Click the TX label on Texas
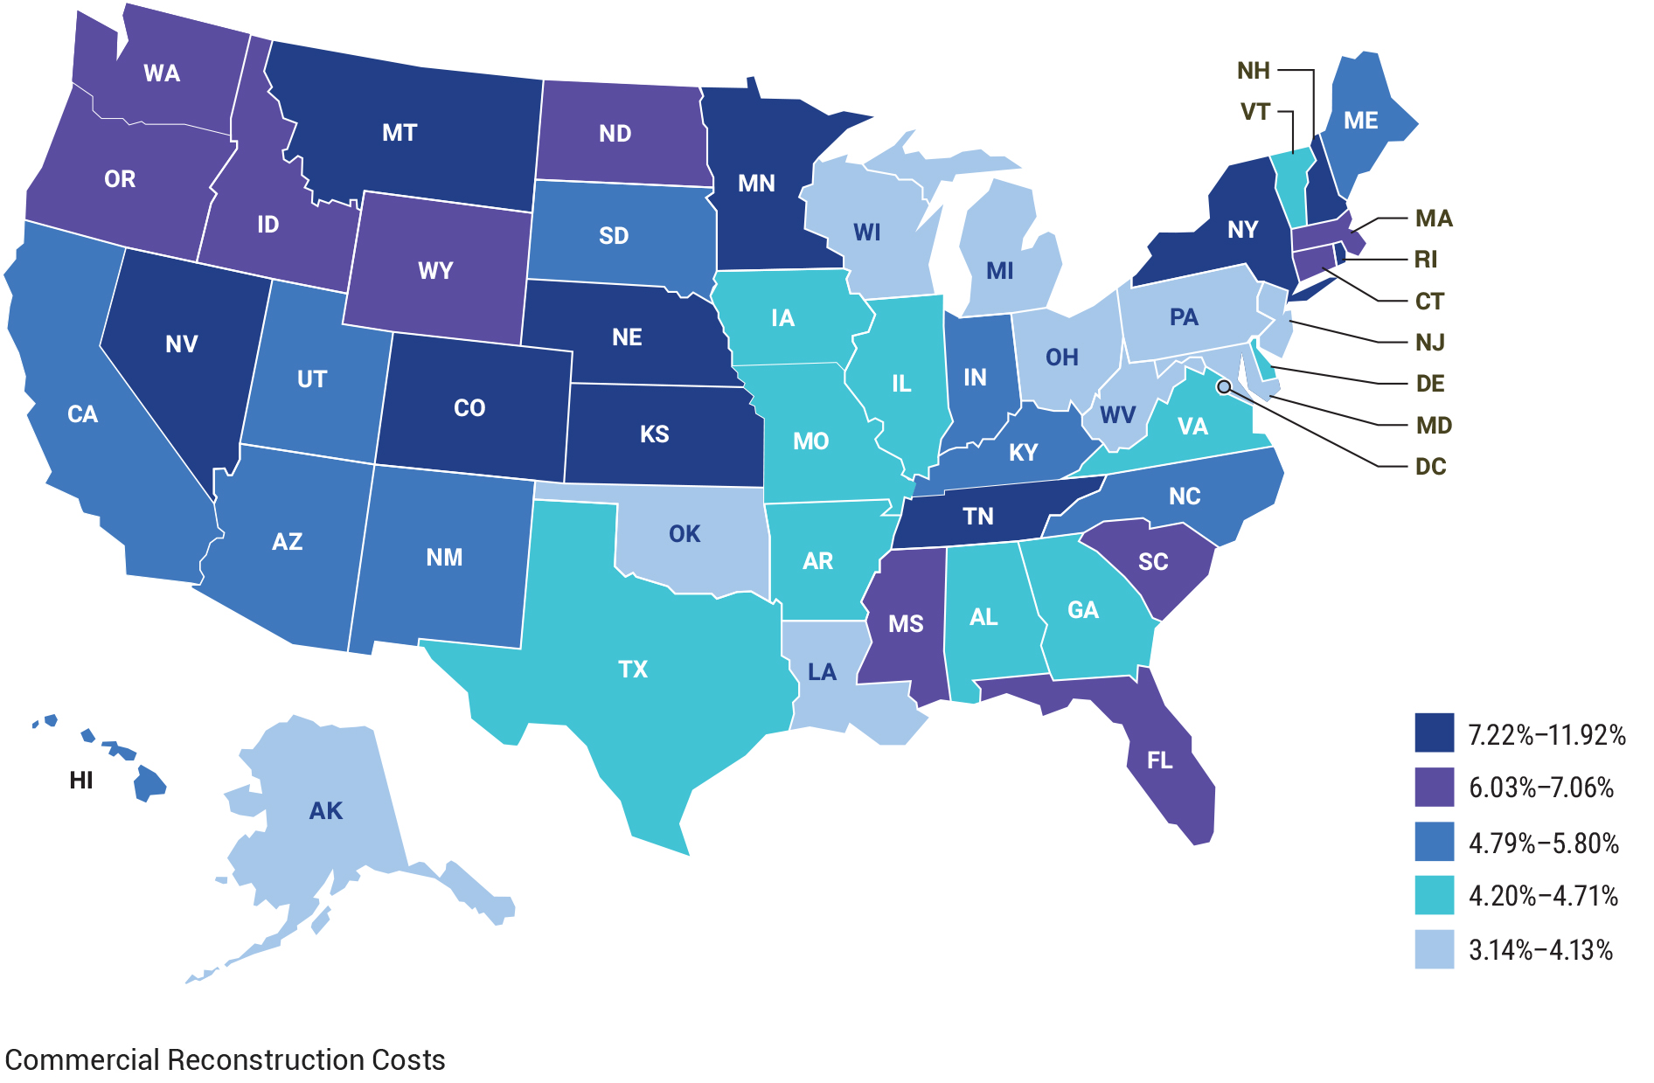click(x=633, y=670)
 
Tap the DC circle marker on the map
click(x=1224, y=386)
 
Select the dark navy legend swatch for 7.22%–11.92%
click(x=1434, y=732)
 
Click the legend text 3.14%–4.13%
click(x=1540, y=950)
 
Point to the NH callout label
click(x=1253, y=71)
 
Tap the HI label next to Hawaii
click(x=81, y=780)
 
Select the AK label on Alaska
click(x=326, y=811)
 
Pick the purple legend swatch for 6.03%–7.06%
click(x=1434, y=787)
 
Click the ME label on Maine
click(x=1360, y=121)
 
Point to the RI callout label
click(x=1425, y=260)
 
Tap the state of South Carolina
click(x=1152, y=562)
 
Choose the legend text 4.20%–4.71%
click(x=1543, y=896)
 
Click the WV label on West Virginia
click(x=1117, y=414)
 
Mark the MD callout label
click(x=1434, y=426)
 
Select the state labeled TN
click(x=978, y=516)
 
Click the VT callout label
click(x=1254, y=112)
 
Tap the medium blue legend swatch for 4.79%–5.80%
click(x=1434, y=842)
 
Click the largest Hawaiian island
click(x=149, y=783)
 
